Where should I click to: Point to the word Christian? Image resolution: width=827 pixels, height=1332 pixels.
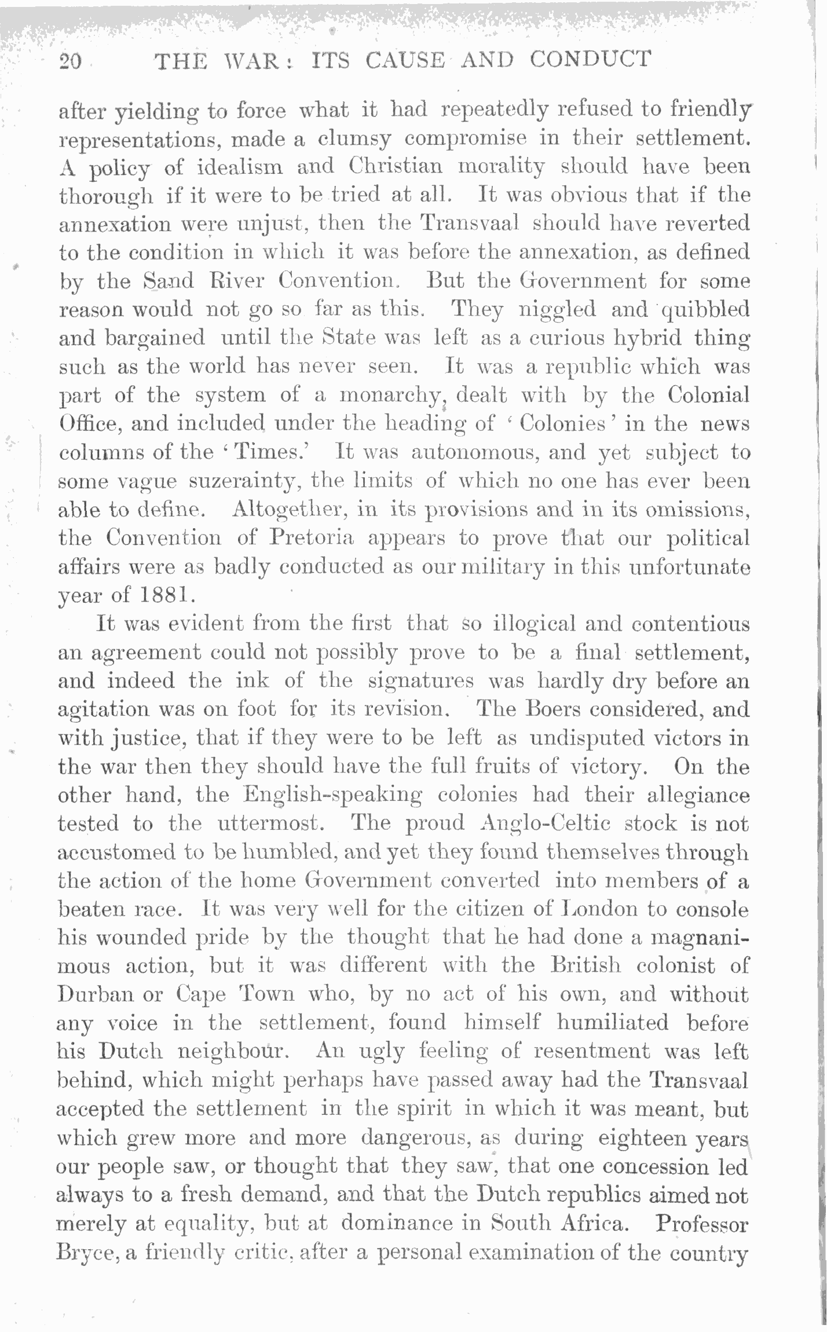point(396,166)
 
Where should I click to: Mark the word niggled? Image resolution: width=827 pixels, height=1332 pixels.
point(557,309)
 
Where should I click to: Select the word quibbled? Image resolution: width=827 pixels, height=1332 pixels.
point(705,310)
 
